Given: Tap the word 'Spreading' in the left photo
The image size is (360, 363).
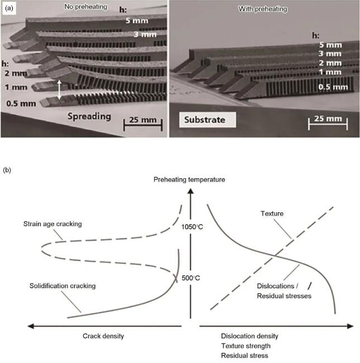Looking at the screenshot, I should click(90, 117).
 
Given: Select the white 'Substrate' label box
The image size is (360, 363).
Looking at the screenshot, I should click(204, 119).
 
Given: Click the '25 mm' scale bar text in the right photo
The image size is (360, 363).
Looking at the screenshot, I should click(329, 119).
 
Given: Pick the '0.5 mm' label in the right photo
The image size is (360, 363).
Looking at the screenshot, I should click(334, 87).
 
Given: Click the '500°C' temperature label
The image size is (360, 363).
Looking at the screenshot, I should click(191, 278).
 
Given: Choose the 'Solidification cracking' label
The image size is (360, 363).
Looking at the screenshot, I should click(62, 285).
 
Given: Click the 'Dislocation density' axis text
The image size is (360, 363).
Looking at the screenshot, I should click(249, 336).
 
